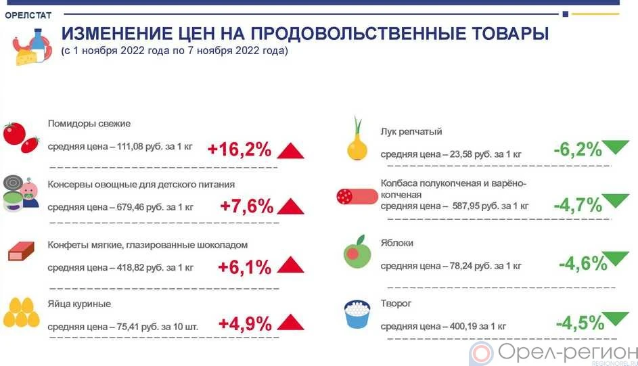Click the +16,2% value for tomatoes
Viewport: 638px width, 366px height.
[x=240, y=150]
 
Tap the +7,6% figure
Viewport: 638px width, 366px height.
[x=246, y=206]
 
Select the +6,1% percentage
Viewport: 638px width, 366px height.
[x=244, y=267]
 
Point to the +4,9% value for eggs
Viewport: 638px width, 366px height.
[x=245, y=323]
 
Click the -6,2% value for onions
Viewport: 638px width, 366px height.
[x=578, y=150]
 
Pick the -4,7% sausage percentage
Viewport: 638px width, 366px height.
[x=578, y=205]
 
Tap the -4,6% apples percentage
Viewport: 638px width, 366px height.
[x=583, y=264]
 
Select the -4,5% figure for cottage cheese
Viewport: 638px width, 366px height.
[x=580, y=323]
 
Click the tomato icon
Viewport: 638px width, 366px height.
[x=21, y=137]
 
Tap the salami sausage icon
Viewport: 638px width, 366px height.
[x=357, y=196]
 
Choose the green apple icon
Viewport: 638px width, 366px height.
[x=357, y=252]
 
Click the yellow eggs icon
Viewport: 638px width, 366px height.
[x=21, y=313]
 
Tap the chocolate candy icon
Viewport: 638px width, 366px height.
[x=21, y=251]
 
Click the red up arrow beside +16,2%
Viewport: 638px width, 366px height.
[x=290, y=151]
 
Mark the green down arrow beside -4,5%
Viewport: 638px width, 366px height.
[x=615, y=319]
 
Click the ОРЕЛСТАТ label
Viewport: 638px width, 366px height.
[x=28, y=16]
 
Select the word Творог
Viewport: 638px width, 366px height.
[x=396, y=303]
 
